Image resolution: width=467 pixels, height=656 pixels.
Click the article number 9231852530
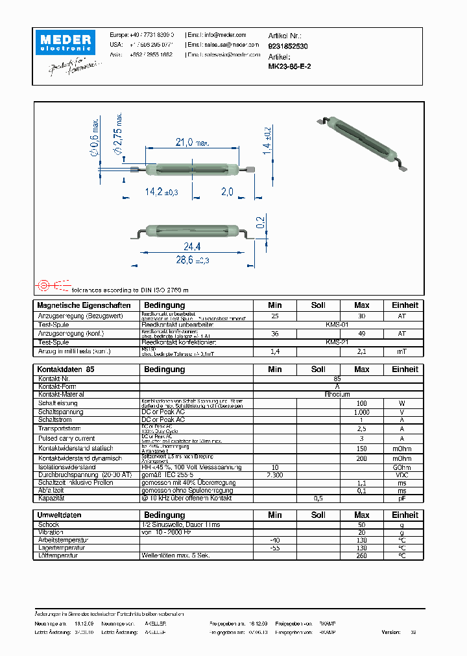[288, 47]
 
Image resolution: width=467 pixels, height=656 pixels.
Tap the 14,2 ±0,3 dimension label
[162, 192]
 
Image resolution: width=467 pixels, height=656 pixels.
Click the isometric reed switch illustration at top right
[368, 142]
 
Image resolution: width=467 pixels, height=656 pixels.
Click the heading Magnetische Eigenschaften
[84, 305]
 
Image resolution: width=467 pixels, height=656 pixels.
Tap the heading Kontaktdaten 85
[66, 369]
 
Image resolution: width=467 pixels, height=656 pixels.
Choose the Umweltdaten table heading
[60, 515]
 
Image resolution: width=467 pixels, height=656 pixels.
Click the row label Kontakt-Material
[61, 394]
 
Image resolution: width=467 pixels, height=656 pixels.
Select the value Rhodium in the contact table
[337, 394]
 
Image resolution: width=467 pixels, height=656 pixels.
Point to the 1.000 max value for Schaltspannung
[362, 412]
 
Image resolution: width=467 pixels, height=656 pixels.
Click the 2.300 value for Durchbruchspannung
[275, 475]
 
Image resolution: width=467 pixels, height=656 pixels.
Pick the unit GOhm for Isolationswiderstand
[401, 467]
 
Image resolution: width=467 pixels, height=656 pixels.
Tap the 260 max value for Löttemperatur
[362, 556]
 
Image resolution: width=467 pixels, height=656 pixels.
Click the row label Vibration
[53, 532]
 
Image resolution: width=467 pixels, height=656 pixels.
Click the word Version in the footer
[391, 632]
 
